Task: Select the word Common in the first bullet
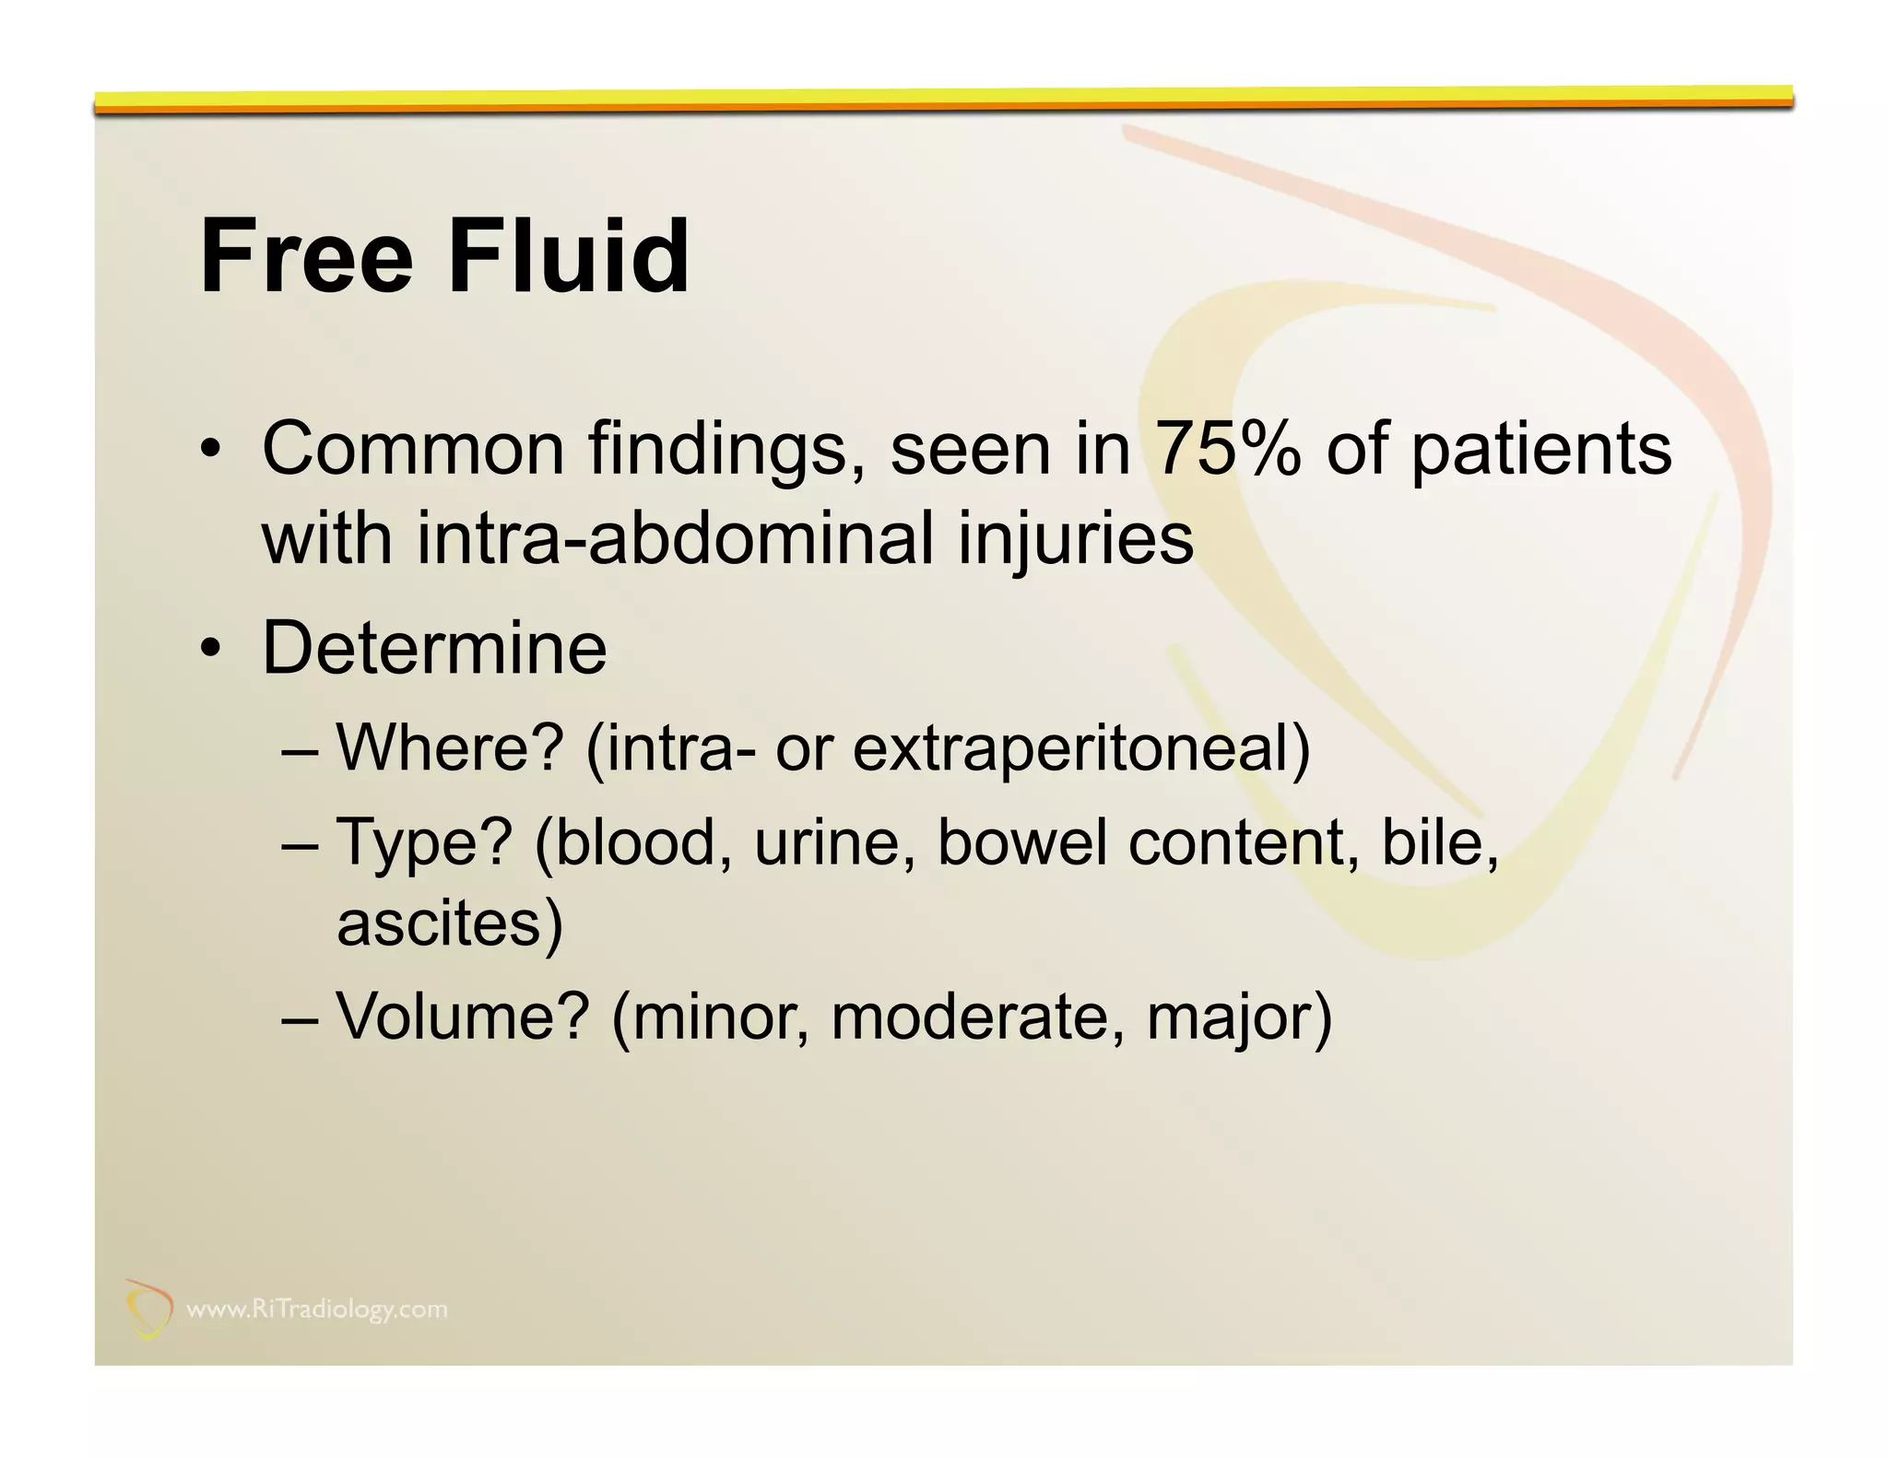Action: click(x=412, y=449)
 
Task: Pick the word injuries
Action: click(x=1076, y=540)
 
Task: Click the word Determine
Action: click(x=434, y=648)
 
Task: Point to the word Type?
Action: click(x=424, y=842)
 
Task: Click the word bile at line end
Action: click(x=1439, y=842)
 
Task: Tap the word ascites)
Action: click(x=449, y=923)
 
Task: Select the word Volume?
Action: click(x=462, y=1017)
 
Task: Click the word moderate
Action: click(x=977, y=1017)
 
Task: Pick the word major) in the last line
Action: click(x=1239, y=1018)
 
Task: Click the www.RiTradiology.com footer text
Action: click(x=316, y=1310)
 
